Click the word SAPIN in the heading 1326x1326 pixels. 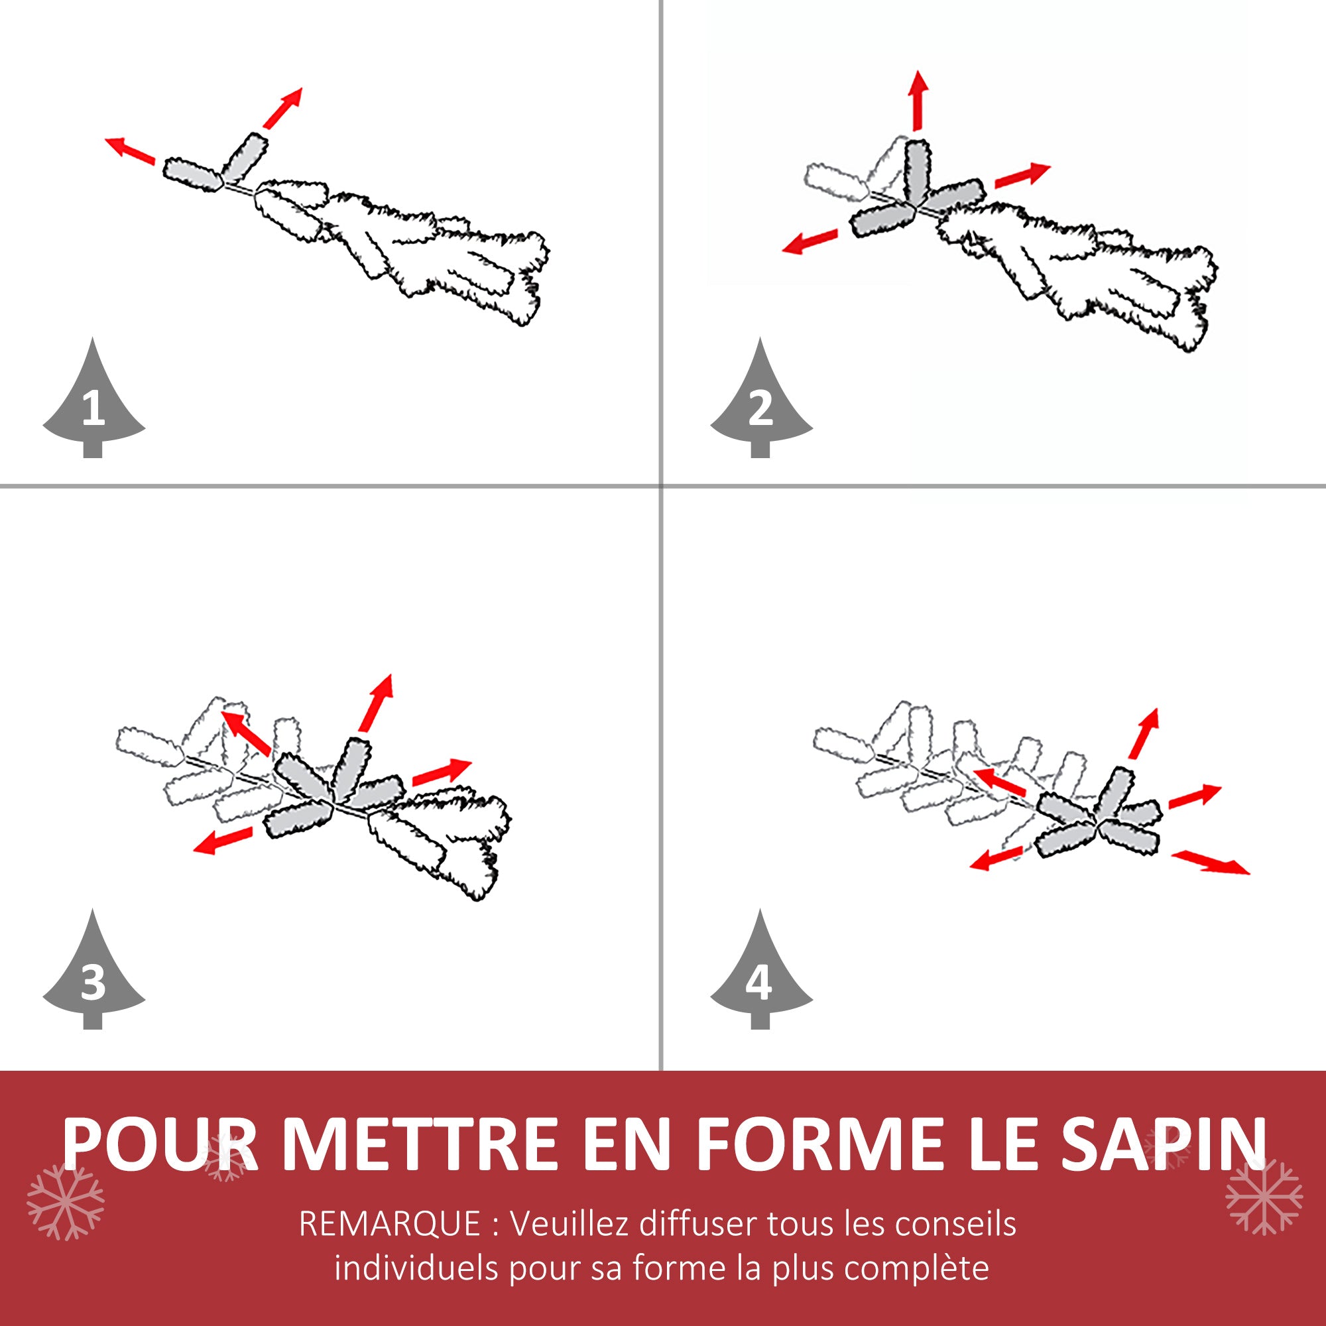[x=1163, y=1144]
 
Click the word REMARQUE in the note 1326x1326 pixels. [x=390, y=1224]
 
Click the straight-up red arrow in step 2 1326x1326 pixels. [x=919, y=99]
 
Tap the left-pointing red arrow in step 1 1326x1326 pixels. [x=131, y=151]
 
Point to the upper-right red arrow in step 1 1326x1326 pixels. [x=282, y=108]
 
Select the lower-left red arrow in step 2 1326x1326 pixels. [x=810, y=241]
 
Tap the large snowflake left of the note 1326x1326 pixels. [x=65, y=1202]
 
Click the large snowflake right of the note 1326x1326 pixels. [x=1264, y=1195]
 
